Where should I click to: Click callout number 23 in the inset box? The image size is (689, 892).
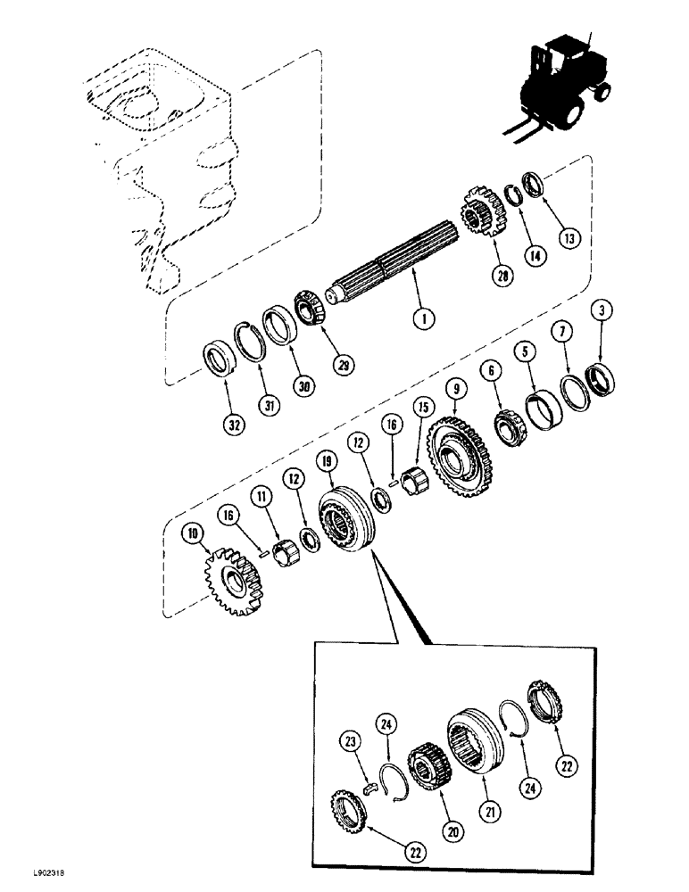(348, 739)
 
